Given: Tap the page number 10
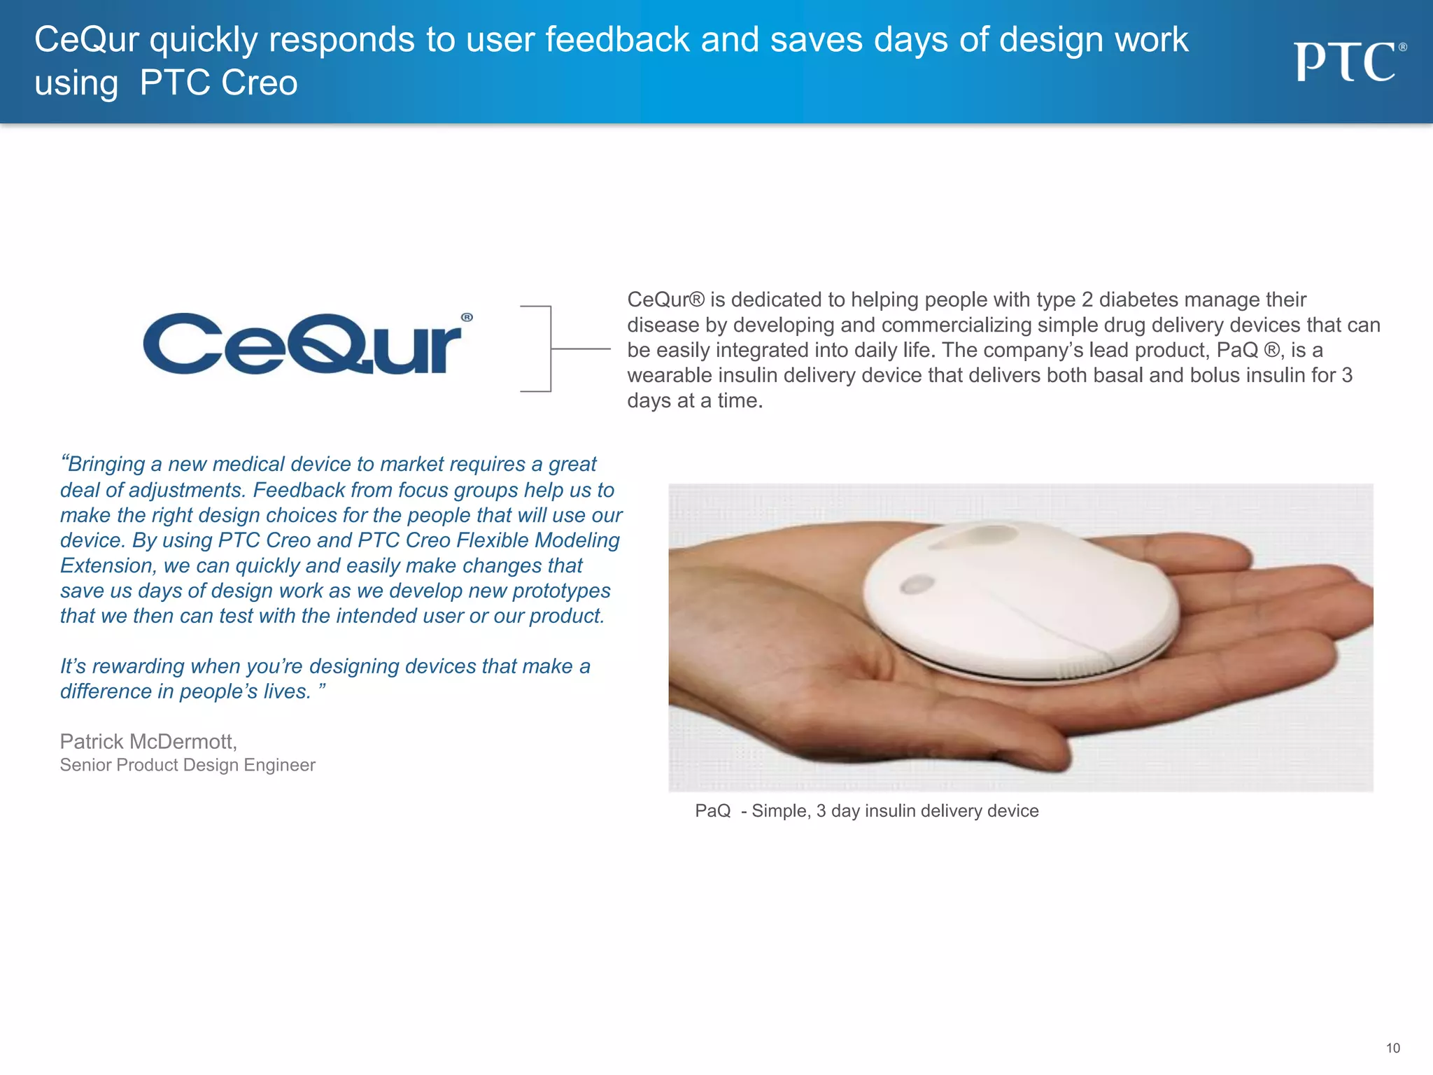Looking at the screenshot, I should coord(1392,1048).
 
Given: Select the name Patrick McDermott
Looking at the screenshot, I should coord(148,741).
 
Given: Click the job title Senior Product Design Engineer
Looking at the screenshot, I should coord(188,765).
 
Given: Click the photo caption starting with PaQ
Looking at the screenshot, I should coord(866,810).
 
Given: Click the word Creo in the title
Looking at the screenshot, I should coord(259,83).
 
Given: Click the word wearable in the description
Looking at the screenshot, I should coord(667,375).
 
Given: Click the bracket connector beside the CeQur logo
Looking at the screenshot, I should coord(551,349).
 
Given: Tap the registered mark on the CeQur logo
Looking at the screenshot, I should coord(467,318).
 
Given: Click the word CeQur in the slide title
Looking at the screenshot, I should coord(87,40).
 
